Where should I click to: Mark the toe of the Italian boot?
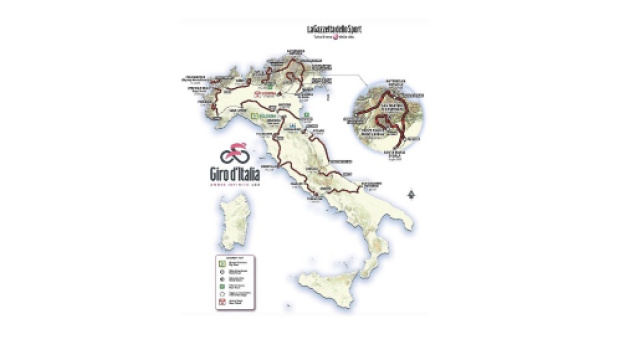[x=379, y=275]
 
